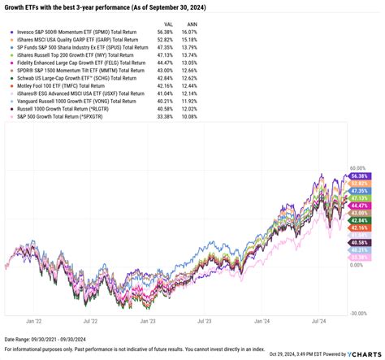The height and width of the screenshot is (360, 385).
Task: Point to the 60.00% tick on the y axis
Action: pos(357,167)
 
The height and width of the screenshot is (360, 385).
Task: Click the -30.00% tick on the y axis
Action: pos(357,312)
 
